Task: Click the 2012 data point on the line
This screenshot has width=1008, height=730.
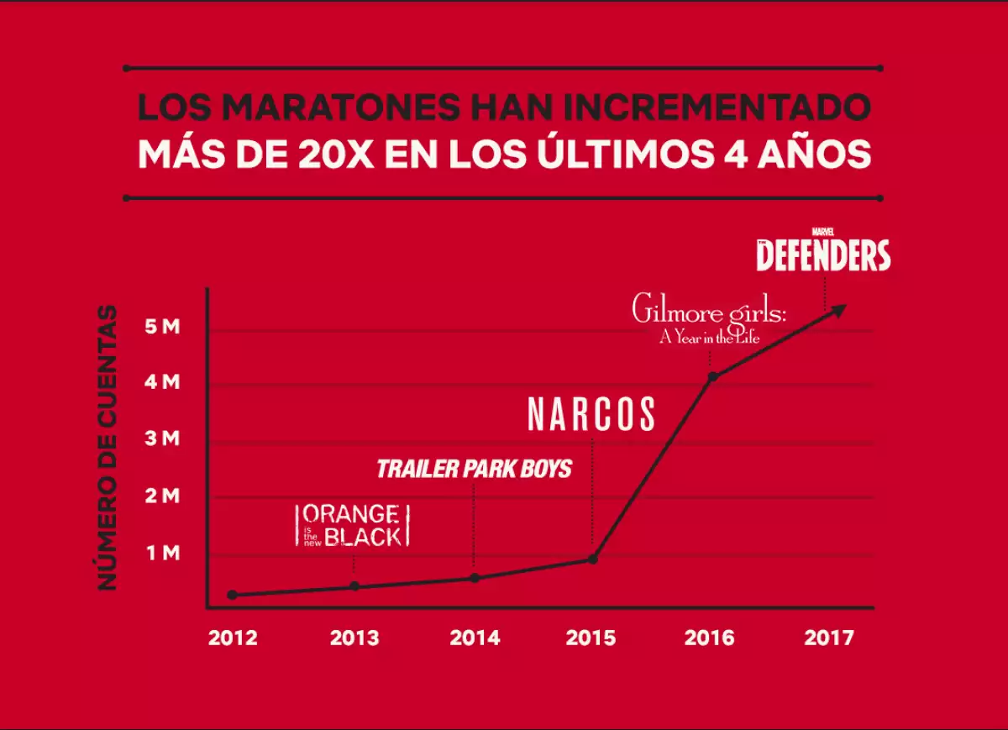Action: pos(232,595)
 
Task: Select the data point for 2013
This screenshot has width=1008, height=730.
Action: pos(354,586)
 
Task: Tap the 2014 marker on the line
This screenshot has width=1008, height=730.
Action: pos(475,577)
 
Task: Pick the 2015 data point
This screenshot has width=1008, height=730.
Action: pos(593,559)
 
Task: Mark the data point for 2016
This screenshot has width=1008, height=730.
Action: pos(713,376)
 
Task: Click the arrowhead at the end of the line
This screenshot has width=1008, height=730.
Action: pos(839,308)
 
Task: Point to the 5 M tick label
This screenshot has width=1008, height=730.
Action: pos(162,327)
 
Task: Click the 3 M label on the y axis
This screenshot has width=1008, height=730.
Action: pos(162,439)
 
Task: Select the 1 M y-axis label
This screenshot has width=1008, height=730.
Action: pos(162,553)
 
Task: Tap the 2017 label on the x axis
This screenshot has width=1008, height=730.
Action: pos(828,638)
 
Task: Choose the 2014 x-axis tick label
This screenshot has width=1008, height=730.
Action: pos(475,638)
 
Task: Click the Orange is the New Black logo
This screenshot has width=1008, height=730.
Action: pos(353,526)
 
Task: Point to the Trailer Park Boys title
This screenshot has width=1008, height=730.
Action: pos(474,469)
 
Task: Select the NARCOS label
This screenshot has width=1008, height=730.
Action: pos(591,414)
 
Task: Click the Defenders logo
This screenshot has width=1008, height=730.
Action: pos(823,252)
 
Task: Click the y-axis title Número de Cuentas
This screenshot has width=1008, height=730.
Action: pos(108,447)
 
